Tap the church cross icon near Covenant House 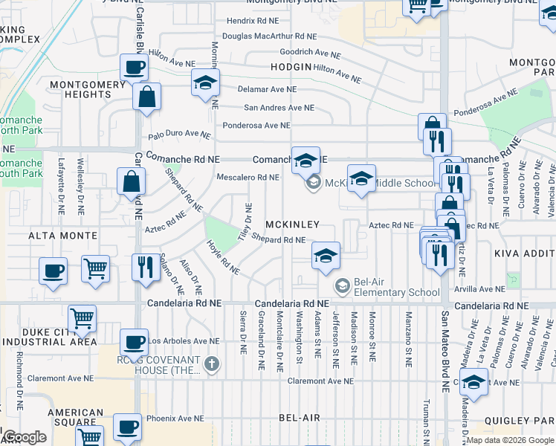coord(212,363)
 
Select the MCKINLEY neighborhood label coord(293,224)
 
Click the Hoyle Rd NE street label coord(223,257)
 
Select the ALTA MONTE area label coord(63,236)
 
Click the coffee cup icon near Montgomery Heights coord(134,67)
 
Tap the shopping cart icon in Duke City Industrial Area coord(82,319)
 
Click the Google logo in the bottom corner coord(24,437)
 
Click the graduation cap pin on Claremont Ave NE coord(473,382)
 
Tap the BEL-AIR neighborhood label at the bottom coord(300,418)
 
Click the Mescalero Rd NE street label coord(248,178)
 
